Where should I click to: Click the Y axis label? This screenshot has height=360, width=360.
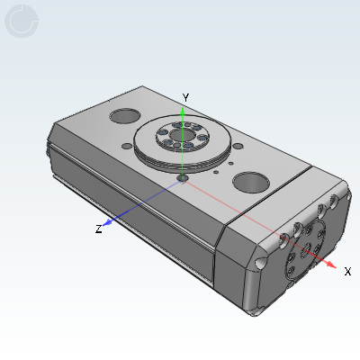[x=184, y=96]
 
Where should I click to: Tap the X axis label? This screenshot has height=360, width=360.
[x=347, y=270]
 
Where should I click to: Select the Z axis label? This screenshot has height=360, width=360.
[x=98, y=229]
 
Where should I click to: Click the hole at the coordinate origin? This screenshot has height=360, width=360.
[x=183, y=177]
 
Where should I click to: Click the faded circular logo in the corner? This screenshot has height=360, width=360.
[x=22, y=21]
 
